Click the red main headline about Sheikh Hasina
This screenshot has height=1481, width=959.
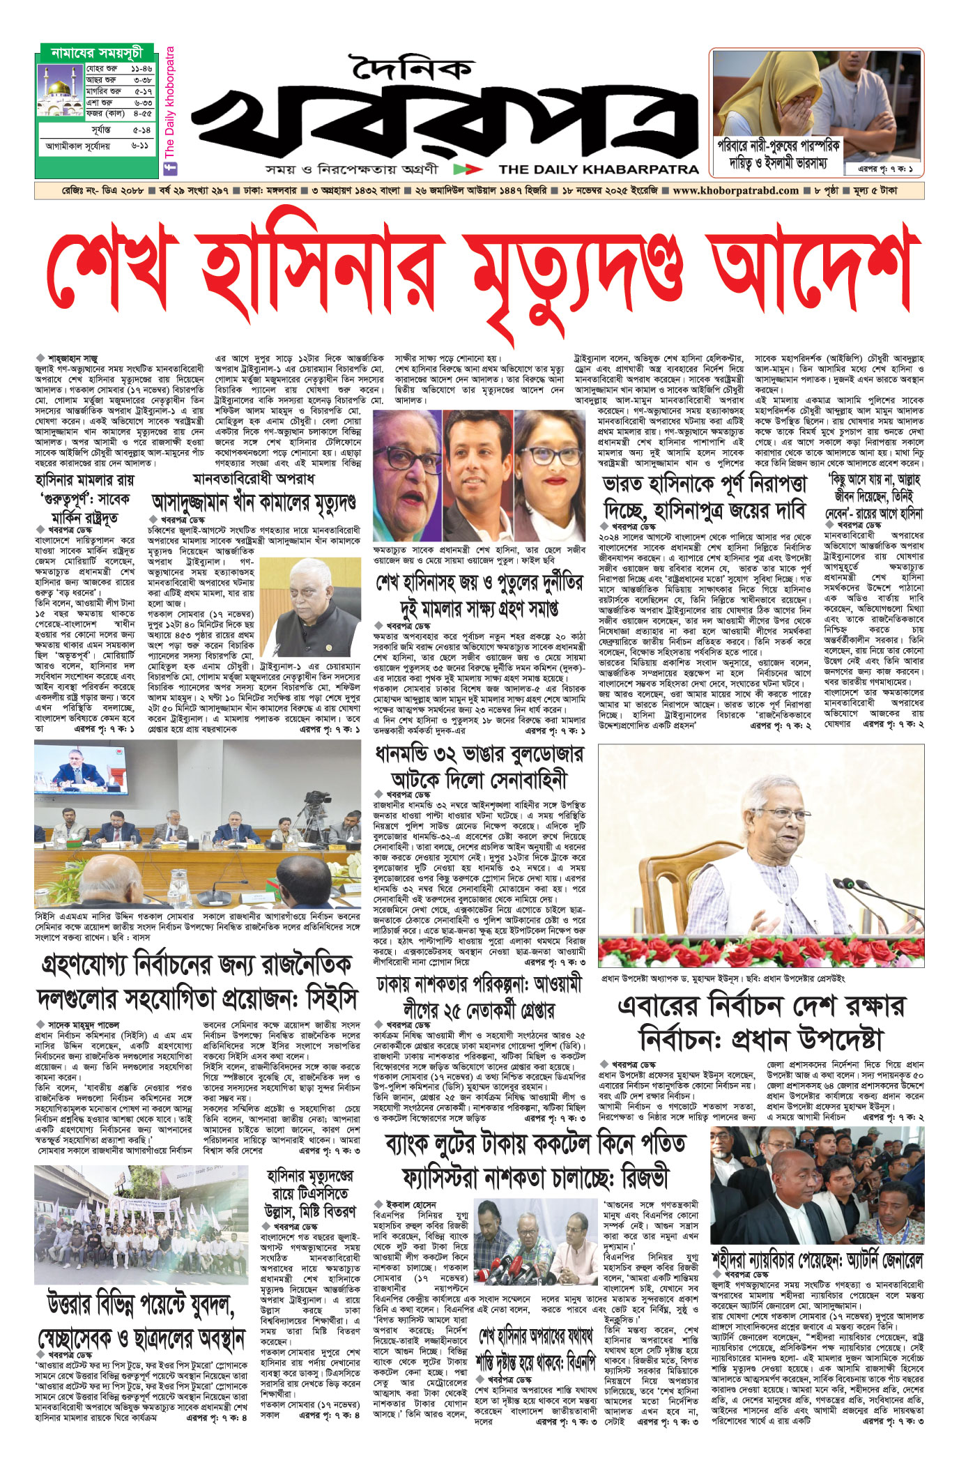tap(479, 272)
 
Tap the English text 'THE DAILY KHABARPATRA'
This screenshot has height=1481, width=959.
tap(598, 169)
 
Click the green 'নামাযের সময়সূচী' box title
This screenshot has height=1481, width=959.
tap(97, 53)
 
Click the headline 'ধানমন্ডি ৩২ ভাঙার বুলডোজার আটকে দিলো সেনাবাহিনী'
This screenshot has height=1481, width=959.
tap(478, 767)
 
